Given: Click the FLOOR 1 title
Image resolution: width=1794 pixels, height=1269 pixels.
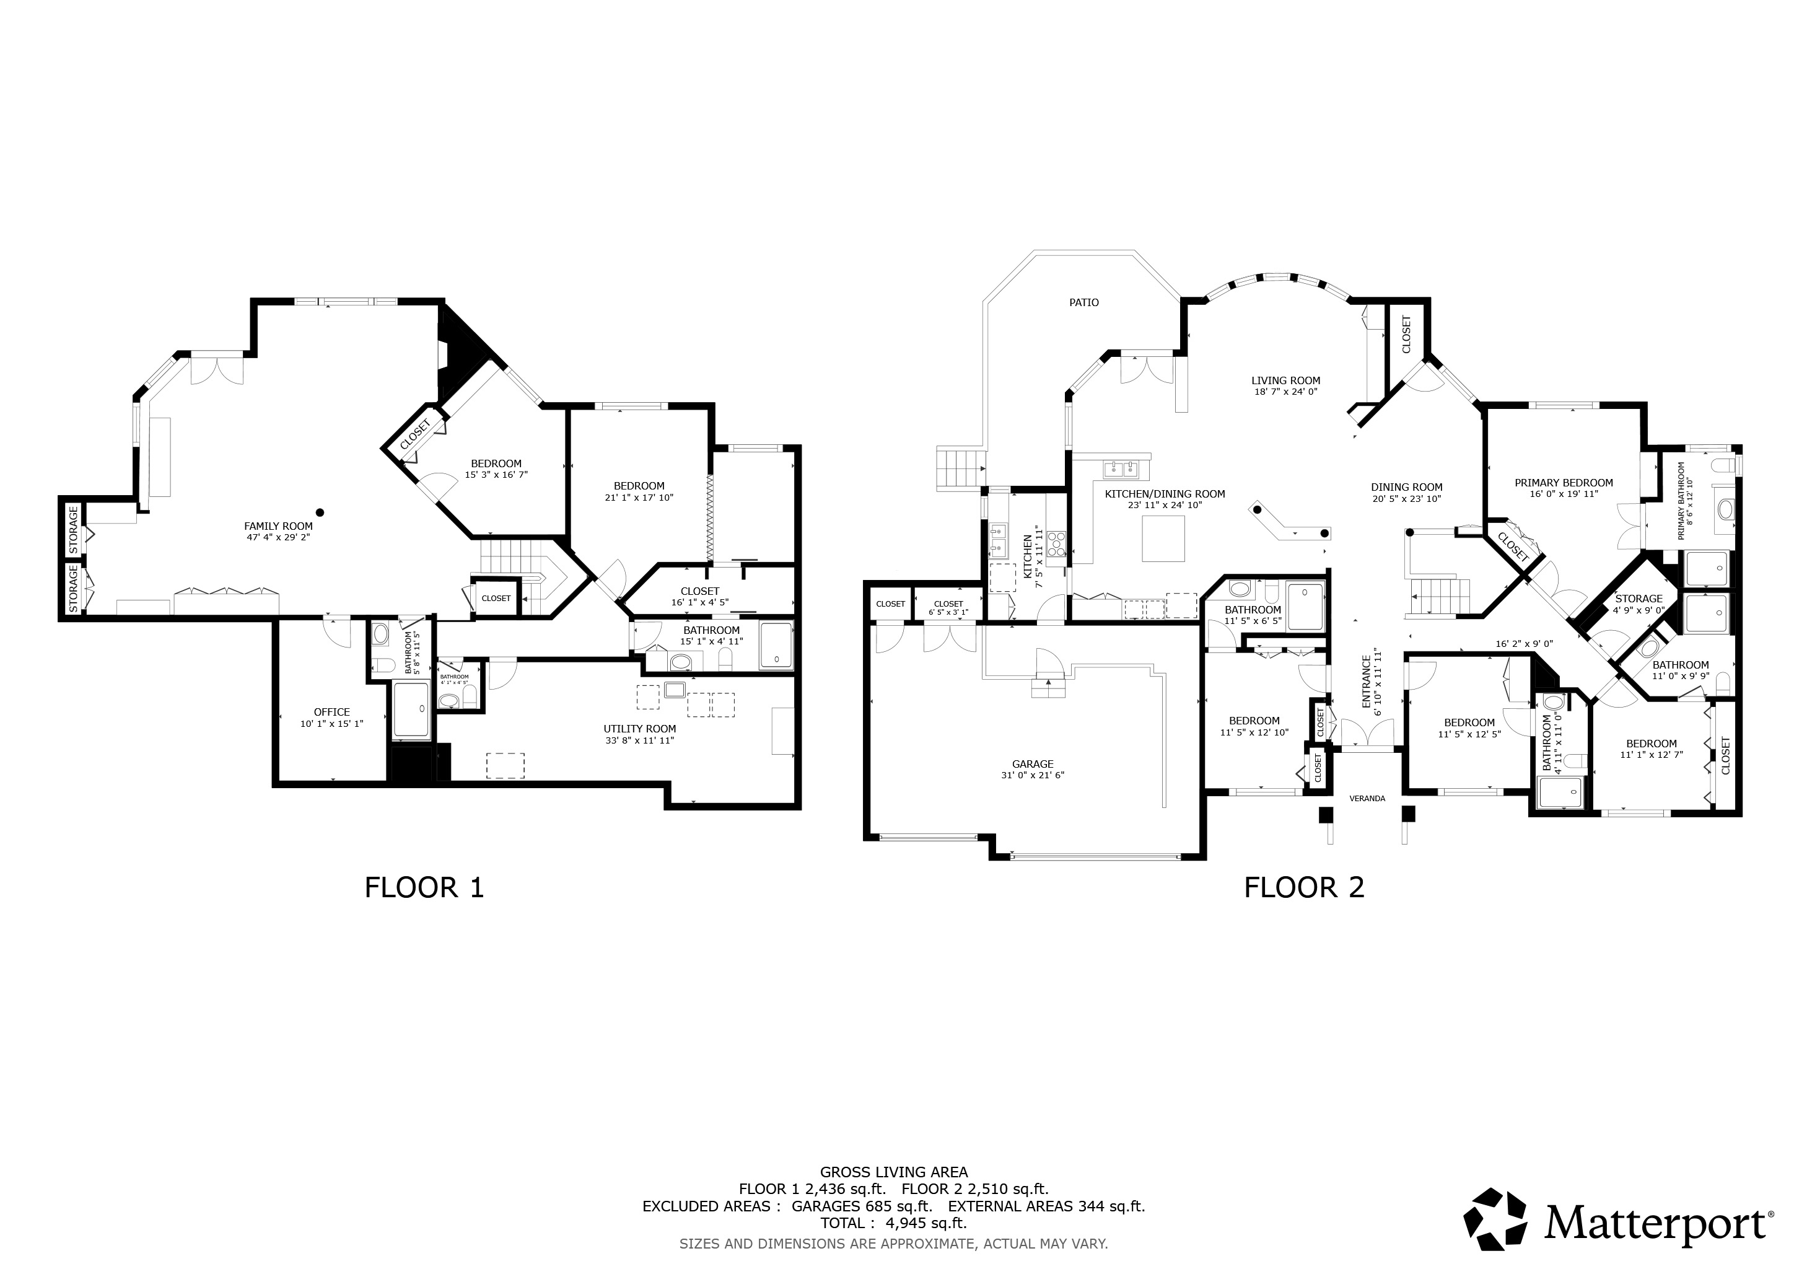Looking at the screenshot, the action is [424, 888].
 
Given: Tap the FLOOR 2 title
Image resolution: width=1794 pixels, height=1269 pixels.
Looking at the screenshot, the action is [1304, 888].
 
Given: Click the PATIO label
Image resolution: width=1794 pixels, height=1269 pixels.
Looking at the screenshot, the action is [1083, 302].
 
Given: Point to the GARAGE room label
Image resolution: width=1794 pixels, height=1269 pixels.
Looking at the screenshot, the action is [1033, 764].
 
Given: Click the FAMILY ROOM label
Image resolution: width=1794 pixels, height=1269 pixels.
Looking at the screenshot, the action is [278, 526].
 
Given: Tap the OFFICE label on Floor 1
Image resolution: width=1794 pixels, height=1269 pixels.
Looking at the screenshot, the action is [332, 712].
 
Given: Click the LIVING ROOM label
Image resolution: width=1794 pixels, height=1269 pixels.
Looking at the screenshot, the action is [1286, 380].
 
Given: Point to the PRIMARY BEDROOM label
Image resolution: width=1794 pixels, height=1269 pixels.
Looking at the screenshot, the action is [1564, 483].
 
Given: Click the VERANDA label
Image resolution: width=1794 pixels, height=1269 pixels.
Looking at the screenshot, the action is [1367, 799].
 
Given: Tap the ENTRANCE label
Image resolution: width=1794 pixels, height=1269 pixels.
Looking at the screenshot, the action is [1367, 682].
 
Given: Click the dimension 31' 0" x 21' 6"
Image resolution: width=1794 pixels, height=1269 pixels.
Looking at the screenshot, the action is [1033, 775].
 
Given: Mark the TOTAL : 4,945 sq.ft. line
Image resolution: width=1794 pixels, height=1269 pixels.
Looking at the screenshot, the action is [894, 1223].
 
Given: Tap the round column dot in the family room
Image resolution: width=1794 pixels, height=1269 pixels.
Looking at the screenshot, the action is [320, 512].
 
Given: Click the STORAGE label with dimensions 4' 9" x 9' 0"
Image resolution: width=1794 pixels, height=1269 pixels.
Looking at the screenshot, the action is [1639, 599].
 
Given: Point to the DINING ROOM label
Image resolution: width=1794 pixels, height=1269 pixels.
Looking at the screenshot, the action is [1406, 487].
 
